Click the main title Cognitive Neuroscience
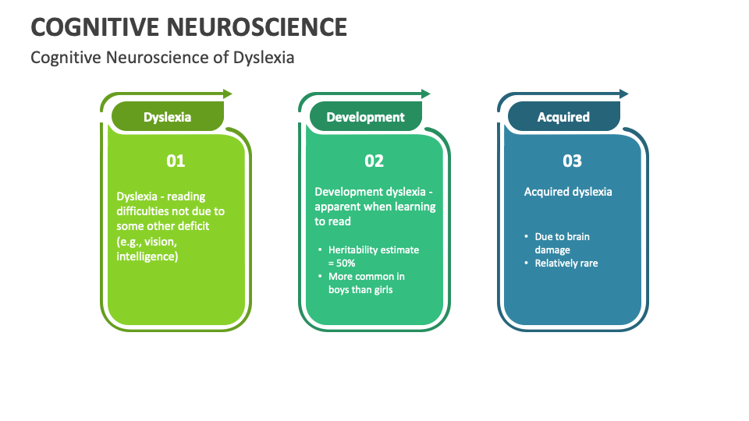[x=189, y=27]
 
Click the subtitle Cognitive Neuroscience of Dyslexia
[x=162, y=58]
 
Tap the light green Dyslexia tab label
[x=167, y=117]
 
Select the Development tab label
[x=365, y=117]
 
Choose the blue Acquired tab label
[x=563, y=117]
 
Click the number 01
[x=176, y=161]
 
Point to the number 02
[x=374, y=161]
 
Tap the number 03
[x=573, y=161]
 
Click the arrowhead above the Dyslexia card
[x=228, y=94]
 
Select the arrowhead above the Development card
[x=426, y=94]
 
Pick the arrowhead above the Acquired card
[x=624, y=94]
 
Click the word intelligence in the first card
[x=146, y=255]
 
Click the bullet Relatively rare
[x=566, y=264]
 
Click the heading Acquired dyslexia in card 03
[x=568, y=192]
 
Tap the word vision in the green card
[x=160, y=241]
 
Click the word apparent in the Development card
[x=339, y=207]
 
